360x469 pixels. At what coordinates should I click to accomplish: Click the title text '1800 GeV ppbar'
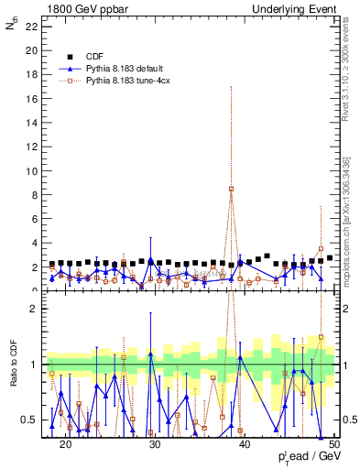coord(80,8)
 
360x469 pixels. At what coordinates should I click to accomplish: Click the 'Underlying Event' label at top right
coord(295,8)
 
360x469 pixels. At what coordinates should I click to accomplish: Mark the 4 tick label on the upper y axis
coord(35,243)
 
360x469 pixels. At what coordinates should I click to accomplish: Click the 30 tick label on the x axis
coord(155,444)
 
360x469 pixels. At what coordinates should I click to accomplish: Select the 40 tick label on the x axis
coord(245,444)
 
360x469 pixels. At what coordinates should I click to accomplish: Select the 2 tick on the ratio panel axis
coord(35,309)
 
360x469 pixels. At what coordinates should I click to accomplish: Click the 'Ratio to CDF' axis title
coord(14,365)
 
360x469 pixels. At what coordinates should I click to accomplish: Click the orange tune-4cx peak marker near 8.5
coord(232,189)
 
